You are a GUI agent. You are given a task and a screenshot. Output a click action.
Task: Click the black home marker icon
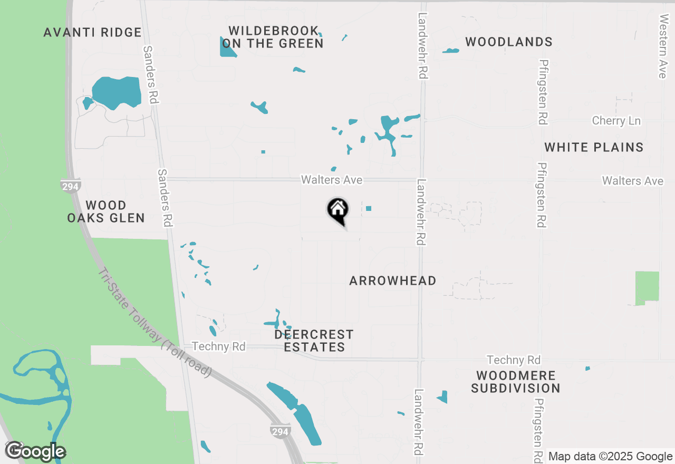338,210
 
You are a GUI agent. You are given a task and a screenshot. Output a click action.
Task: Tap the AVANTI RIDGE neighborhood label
92,33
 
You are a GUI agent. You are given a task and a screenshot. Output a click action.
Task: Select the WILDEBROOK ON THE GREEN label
273,37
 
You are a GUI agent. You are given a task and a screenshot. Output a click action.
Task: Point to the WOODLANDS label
509,42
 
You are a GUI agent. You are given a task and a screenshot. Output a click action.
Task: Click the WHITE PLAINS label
594,147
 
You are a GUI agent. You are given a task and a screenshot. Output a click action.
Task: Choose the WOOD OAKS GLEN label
106,211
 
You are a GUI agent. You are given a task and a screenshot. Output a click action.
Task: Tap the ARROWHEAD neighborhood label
393,281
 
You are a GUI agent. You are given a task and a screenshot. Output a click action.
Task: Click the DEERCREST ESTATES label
314,341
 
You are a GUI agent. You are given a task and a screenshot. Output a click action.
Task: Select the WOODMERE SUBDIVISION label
515,382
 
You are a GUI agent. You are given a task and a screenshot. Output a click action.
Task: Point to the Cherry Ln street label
616,121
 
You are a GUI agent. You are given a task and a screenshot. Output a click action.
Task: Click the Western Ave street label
662,40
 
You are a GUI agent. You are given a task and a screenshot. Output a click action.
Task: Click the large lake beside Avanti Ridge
117,92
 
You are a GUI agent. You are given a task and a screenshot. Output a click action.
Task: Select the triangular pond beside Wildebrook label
227,47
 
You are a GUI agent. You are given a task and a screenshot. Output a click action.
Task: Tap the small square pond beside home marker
369,208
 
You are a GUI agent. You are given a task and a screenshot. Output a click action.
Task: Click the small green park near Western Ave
647,288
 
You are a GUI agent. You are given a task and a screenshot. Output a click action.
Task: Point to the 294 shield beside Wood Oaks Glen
70,186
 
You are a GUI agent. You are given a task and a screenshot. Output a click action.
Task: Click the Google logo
35,451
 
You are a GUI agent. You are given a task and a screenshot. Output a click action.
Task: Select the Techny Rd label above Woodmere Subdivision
514,360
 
